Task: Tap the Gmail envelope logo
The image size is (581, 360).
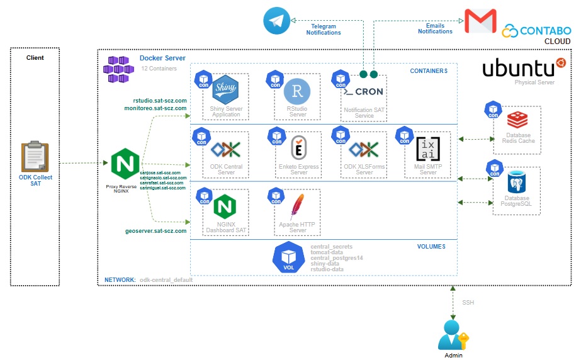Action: pyautogui.click(x=480, y=21)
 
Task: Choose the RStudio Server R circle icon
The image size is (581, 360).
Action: pyautogui.click(x=296, y=92)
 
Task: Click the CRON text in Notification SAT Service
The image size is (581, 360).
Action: pyautogui.click(x=368, y=92)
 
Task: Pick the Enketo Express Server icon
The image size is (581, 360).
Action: pyautogui.click(x=298, y=150)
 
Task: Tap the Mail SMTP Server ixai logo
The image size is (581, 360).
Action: pyautogui.click(x=429, y=150)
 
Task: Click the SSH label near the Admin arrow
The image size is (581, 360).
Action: pyautogui.click(x=468, y=303)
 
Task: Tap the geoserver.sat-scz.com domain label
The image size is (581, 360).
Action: pyautogui.click(x=156, y=231)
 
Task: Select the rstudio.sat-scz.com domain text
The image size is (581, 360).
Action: pyautogui.click(x=160, y=101)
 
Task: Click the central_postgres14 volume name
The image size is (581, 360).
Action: pyautogui.click(x=337, y=258)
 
